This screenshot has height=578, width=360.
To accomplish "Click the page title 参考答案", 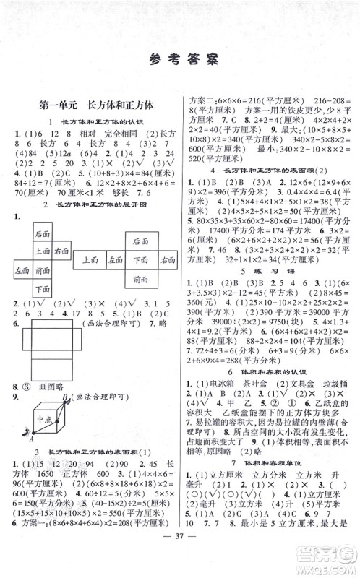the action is [x=180, y=60].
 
